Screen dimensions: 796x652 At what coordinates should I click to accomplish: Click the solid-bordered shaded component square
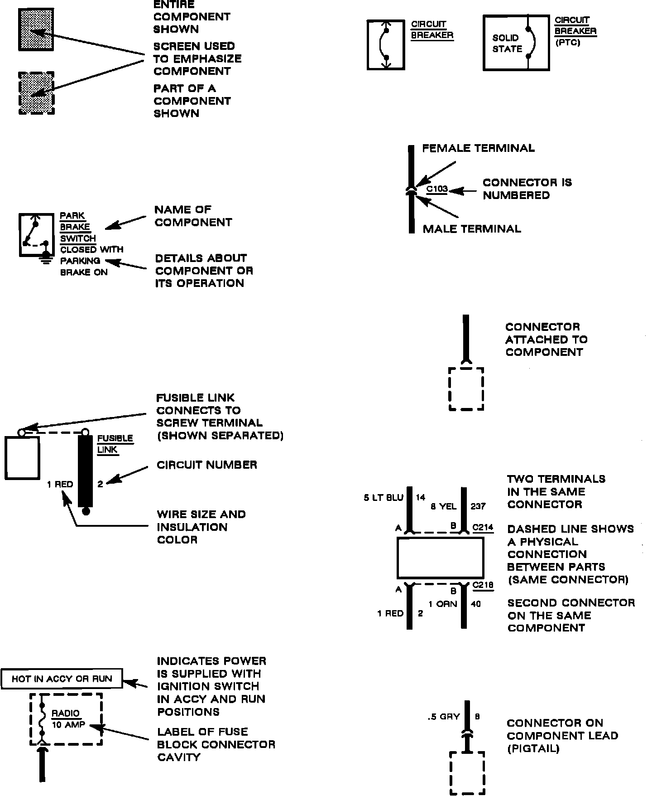tap(36, 29)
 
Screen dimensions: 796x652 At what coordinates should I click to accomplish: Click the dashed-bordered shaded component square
tap(37, 93)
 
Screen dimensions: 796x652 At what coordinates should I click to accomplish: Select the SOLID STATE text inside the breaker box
tap(507, 44)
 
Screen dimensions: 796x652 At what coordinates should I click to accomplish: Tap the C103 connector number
tap(437, 189)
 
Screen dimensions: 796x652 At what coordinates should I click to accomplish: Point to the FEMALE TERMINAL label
tap(478, 148)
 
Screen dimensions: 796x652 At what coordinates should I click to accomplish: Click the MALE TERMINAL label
tap(472, 229)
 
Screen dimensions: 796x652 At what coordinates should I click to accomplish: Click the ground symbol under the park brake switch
tap(45, 260)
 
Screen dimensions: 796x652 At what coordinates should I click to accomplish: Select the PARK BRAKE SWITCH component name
tap(76, 227)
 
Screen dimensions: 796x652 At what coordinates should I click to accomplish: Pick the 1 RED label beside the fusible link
tap(60, 485)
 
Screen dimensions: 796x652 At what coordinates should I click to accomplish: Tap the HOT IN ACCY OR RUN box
tap(62, 679)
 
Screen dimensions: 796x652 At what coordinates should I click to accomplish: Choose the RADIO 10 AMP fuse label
tap(68, 719)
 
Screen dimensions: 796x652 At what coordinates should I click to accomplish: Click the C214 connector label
tap(483, 528)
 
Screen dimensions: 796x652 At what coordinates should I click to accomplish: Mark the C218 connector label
tap(483, 585)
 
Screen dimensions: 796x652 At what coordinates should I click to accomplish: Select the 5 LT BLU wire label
tap(383, 498)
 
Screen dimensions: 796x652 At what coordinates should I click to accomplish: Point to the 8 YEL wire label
tap(444, 506)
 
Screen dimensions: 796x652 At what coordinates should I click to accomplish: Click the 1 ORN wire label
tap(443, 604)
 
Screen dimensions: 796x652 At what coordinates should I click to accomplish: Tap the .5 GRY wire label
tap(443, 717)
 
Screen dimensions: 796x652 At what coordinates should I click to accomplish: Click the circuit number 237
tap(478, 506)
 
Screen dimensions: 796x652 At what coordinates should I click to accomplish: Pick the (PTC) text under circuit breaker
tap(568, 43)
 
